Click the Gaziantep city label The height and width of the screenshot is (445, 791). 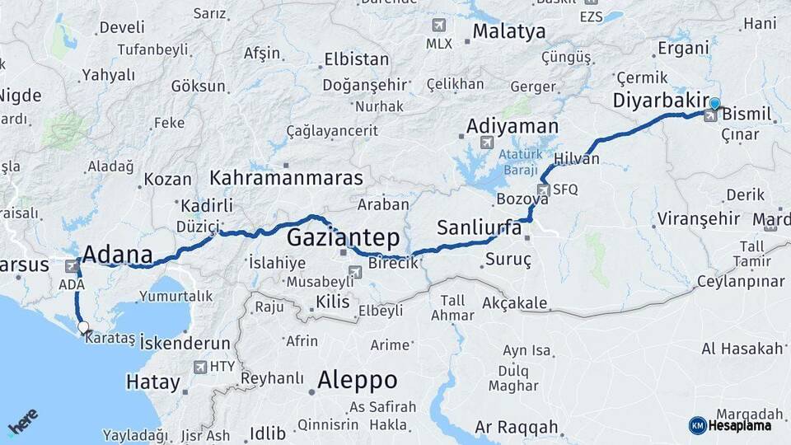[344, 239]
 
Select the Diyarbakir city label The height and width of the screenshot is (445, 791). [662, 101]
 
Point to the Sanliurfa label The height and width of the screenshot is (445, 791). [480, 227]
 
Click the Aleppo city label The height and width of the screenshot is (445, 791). [357, 380]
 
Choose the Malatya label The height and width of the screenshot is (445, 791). [508, 32]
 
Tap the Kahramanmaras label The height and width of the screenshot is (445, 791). [286, 178]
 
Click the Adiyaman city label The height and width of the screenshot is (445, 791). [512, 127]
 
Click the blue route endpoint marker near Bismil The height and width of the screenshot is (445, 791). [714, 104]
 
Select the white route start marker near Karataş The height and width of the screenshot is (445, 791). [83, 327]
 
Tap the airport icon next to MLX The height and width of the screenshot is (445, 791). [438, 25]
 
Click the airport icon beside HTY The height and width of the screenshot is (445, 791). [199, 367]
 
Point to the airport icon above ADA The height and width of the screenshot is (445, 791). [72, 266]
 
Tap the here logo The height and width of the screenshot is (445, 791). [23, 422]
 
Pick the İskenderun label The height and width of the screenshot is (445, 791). [185, 342]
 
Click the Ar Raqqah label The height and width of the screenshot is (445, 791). [517, 428]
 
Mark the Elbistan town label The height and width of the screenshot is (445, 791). [356, 59]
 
